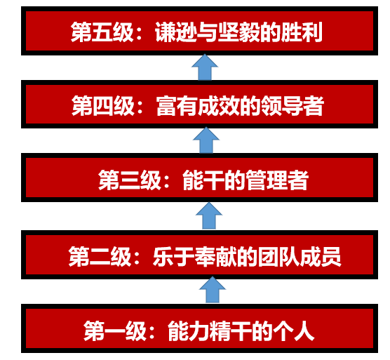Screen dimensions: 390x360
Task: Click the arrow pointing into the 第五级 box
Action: click(205, 67)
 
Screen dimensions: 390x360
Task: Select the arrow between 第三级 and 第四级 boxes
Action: click(206, 140)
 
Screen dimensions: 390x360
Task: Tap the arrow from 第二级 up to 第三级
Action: click(209, 215)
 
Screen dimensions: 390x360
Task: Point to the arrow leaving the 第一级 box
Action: click(213, 290)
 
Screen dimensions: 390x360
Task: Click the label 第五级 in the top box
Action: click(102, 32)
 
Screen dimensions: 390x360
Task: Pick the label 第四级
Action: click(103, 106)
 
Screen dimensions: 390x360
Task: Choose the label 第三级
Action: click(130, 180)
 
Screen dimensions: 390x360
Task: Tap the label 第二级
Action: click(100, 257)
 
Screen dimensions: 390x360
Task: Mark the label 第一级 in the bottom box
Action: click(114, 331)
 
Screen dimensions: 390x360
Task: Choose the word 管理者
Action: click(276, 180)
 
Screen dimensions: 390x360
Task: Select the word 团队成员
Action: click(300, 257)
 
